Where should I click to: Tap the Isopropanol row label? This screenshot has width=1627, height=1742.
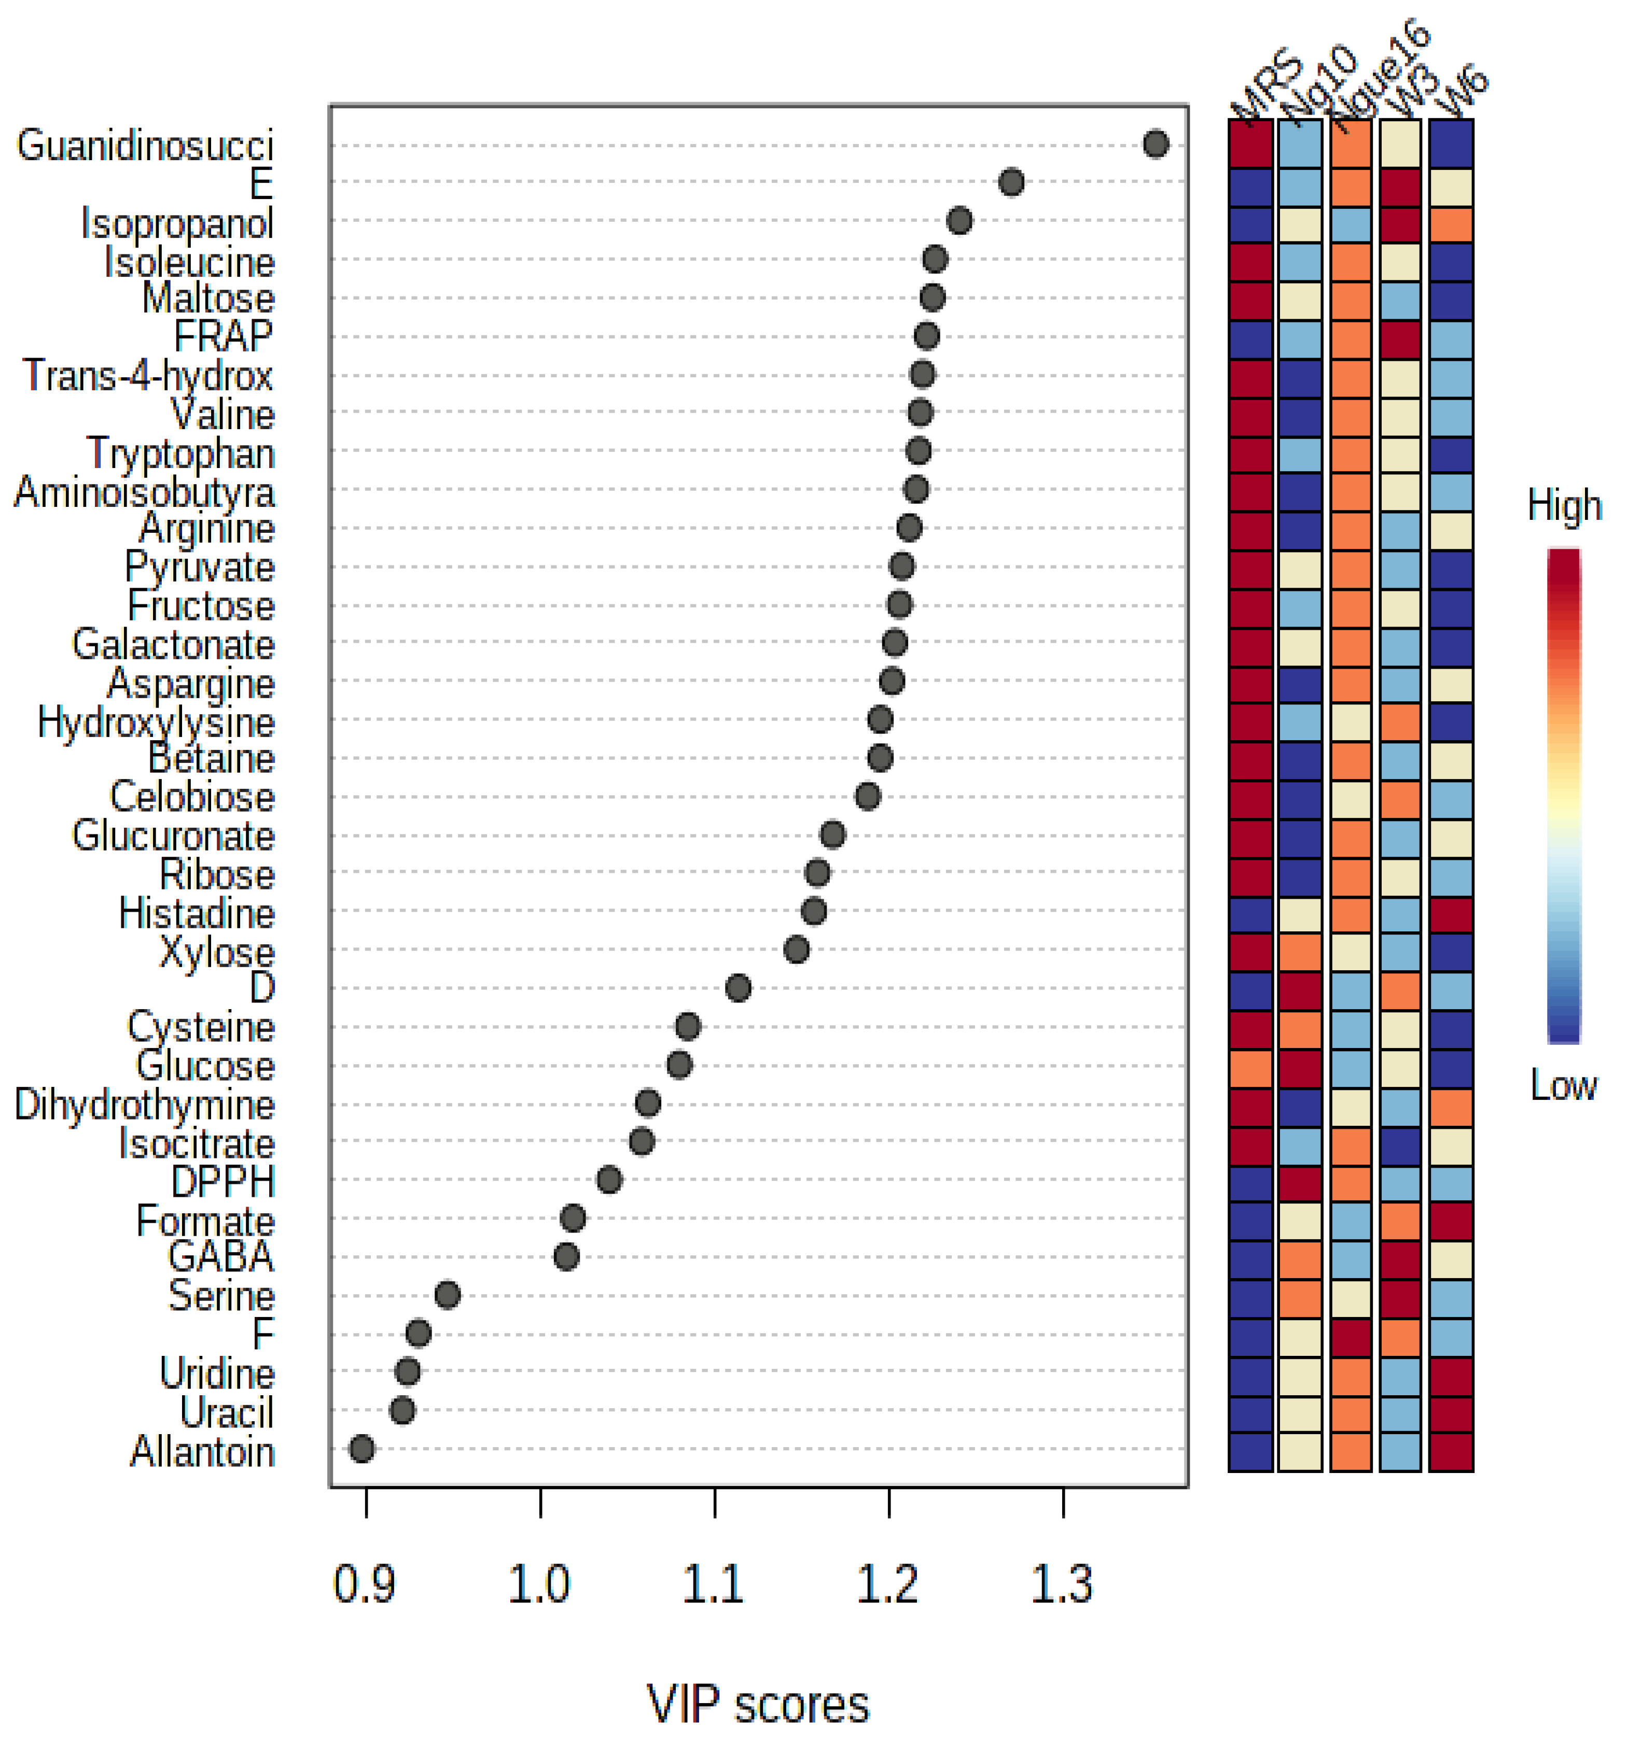pyautogui.click(x=177, y=222)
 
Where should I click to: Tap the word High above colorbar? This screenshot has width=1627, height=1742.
pyautogui.click(x=1564, y=506)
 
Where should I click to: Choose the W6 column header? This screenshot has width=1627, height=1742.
pyautogui.click(x=1464, y=92)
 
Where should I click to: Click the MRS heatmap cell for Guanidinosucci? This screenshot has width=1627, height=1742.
pyautogui.click(x=1250, y=144)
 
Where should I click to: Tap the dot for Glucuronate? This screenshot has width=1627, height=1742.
pyautogui.click(x=832, y=834)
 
